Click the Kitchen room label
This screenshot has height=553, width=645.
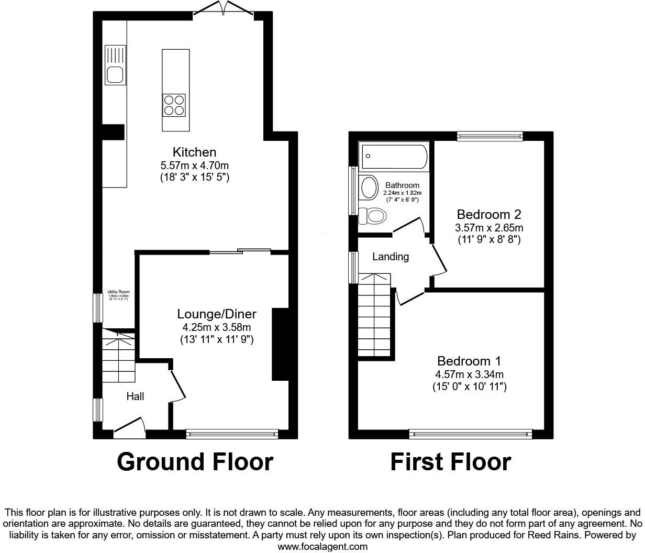click(194, 152)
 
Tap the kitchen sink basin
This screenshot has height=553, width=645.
click(115, 75)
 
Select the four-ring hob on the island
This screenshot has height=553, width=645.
click(174, 104)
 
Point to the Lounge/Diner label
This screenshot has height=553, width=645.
click(216, 314)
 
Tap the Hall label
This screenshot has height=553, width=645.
click(135, 397)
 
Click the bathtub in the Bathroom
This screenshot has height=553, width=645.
click(393, 156)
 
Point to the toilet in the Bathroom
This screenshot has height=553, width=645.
click(373, 215)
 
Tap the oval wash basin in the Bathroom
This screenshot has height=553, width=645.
click(370, 187)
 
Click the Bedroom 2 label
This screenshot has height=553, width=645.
click(489, 215)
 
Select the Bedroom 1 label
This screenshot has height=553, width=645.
click(469, 361)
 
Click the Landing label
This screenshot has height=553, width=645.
click(391, 257)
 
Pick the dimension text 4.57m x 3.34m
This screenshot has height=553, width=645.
click(469, 374)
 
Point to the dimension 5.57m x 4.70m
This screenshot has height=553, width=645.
click(194, 165)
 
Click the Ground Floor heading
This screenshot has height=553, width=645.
click(195, 462)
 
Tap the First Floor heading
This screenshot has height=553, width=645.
click(451, 462)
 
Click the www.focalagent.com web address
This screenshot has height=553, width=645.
click(322, 547)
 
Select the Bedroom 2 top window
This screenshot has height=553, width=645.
click(490, 136)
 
